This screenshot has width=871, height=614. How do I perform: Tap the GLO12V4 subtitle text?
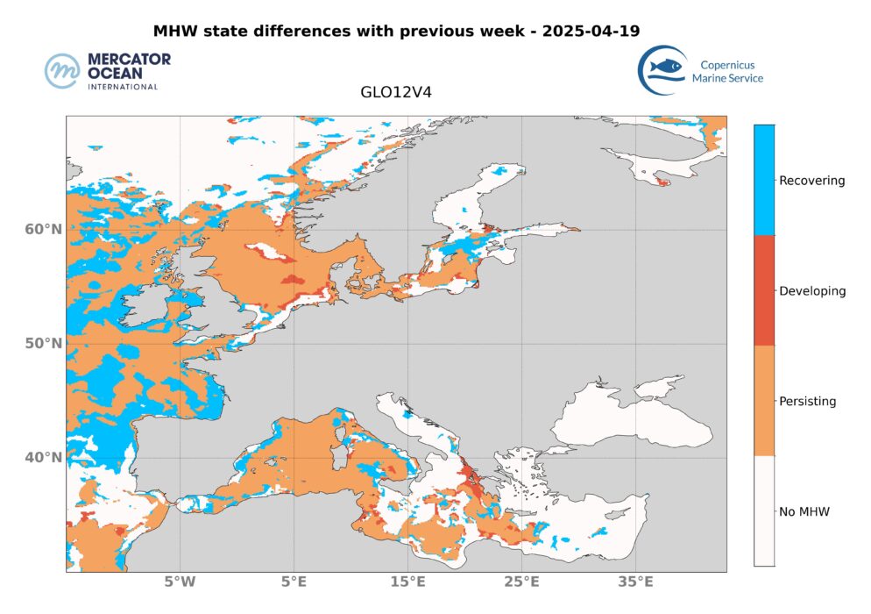(x=395, y=90)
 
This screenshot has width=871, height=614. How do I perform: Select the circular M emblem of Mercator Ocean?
(x=63, y=71)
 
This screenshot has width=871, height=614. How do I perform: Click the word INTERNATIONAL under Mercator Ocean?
(x=122, y=87)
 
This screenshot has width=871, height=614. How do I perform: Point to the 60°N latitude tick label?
(x=43, y=230)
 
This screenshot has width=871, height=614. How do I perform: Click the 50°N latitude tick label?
(x=43, y=343)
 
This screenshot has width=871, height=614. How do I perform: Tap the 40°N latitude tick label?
(x=43, y=457)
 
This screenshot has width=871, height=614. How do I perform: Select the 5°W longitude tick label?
(x=180, y=582)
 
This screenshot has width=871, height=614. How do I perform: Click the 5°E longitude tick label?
(x=294, y=582)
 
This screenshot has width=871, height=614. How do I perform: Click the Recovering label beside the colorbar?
(x=812, y=181)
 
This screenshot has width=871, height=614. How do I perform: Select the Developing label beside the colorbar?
(x=812, y=291)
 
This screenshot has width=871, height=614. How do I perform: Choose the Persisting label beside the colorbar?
(x=808, y=402)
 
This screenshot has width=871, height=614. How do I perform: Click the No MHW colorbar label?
(x=804, y=511)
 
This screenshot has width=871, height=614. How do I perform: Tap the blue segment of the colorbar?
(x=764, y=180)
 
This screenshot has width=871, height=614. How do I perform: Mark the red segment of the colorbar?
(x=764, y=290)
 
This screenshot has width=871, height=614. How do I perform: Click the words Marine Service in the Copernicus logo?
(x=727, y=78)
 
